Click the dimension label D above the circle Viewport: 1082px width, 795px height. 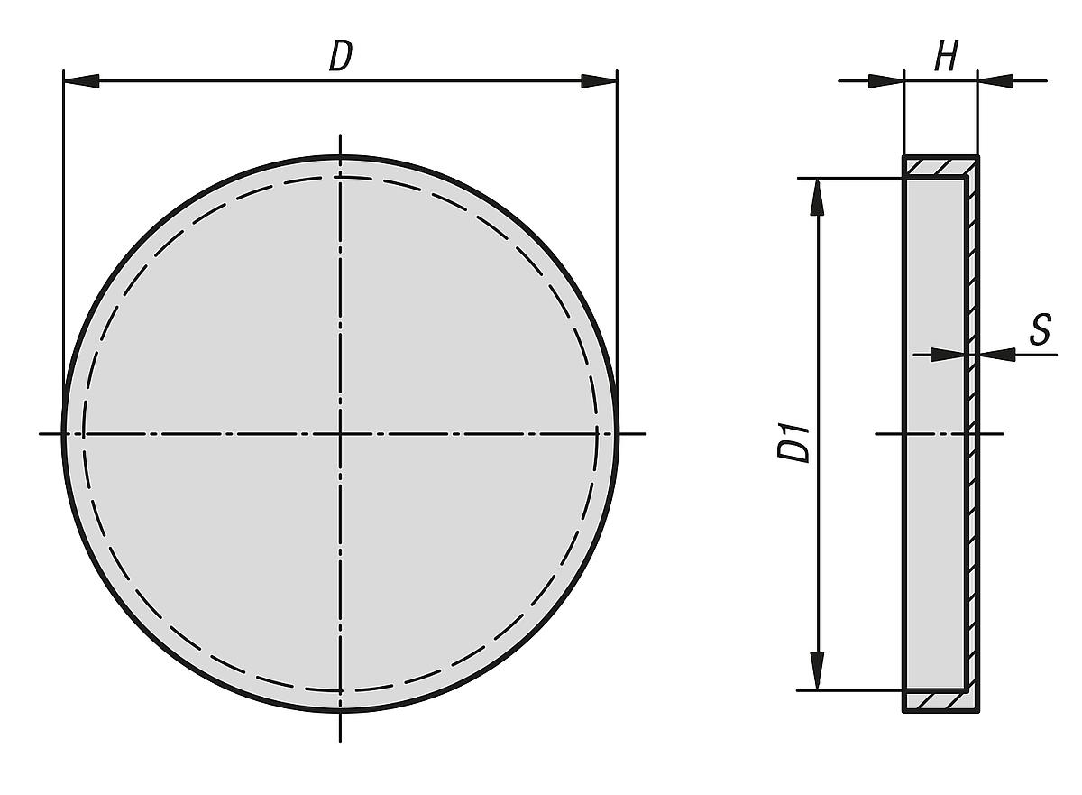point(341,56)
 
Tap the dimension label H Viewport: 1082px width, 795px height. point(945,56)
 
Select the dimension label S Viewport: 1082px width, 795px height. point(1041,329)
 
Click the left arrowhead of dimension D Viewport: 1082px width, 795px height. point(81,80)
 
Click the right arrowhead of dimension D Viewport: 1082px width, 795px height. point(599,80)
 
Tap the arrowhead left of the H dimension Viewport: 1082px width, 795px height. point(885,80)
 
